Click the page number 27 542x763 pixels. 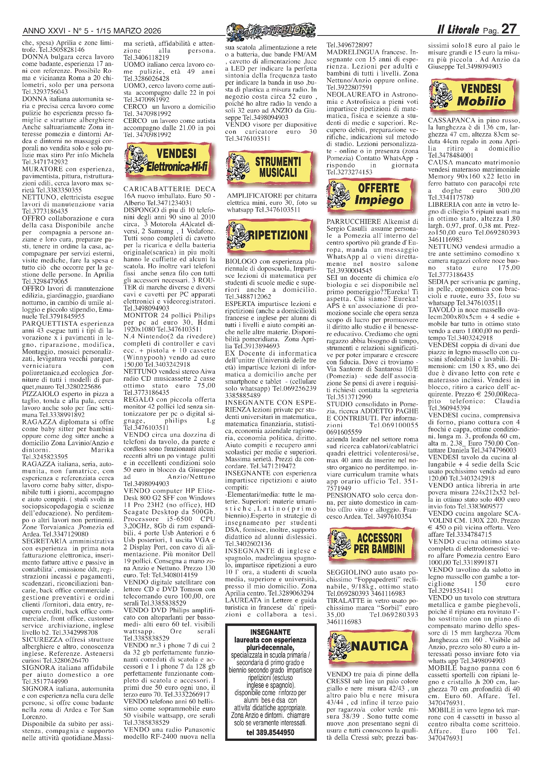click(x=509, y=29)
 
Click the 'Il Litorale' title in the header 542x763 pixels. click(x=458, y=29)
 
